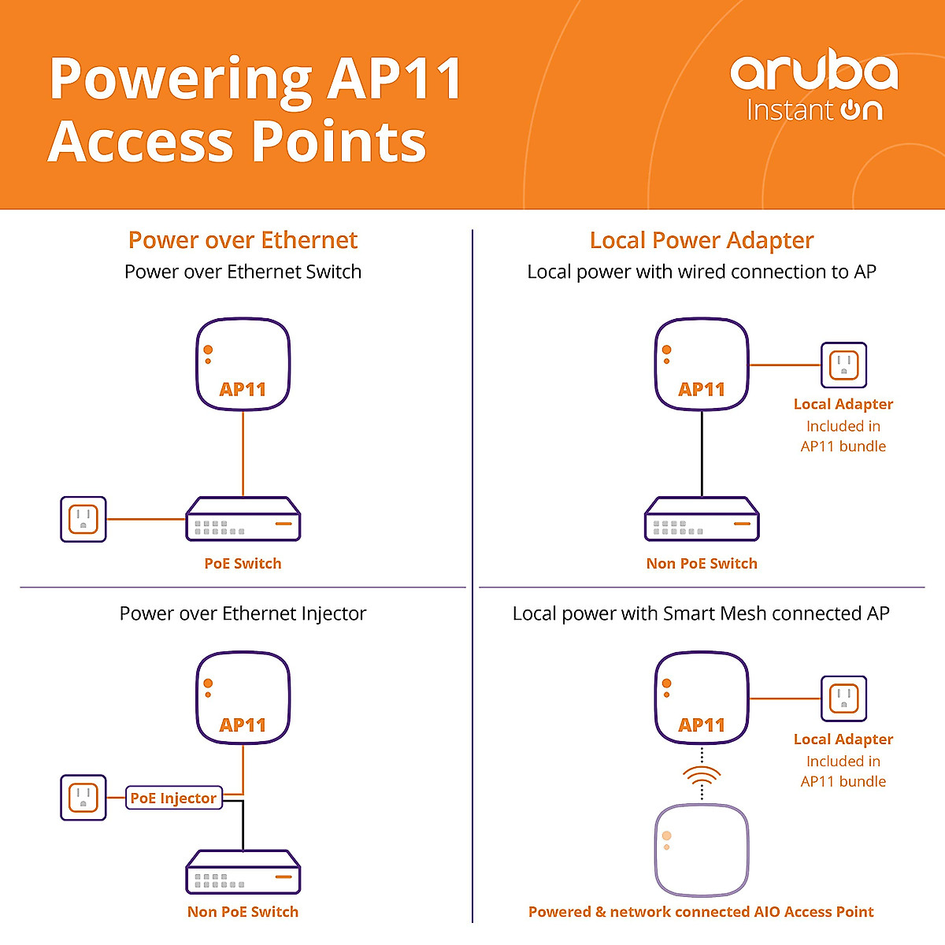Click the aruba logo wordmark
[813, 72]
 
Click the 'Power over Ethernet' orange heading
[243, 240]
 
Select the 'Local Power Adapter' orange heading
[701, 240]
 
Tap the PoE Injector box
[173, 798]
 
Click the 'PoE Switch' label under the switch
[243, 563]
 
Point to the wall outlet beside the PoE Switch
[83, 519]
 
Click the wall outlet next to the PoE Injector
[83, 797]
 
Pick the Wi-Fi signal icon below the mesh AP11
[702, 776]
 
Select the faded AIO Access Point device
[702, 850]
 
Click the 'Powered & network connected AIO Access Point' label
[701, 912]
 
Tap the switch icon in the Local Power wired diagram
[702, 519]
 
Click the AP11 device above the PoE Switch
[243, 364]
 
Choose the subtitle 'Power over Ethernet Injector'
[243, 613]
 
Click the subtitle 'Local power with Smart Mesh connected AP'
[701, 613]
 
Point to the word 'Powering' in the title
[181, 80]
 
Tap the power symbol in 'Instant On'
[850, 109]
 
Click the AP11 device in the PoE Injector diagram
[243, 697]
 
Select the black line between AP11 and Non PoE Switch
[702, 453]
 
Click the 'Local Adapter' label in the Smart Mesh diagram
[843, 739]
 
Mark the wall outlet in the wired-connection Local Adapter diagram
[843, 365]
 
